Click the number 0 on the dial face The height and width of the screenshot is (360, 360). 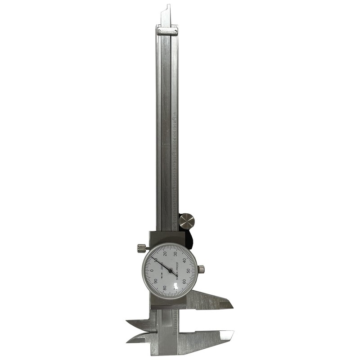point(152,270)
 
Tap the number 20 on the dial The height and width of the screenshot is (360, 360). point(165,253)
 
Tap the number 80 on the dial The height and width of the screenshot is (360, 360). point(165,288)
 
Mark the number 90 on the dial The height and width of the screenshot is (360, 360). point(156,280)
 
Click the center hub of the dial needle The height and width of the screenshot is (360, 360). point(170,270)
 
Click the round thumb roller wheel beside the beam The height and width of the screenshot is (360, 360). point(187,221)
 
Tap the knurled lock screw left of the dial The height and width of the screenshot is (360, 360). point(141,248)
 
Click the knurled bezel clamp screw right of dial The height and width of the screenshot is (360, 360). point(201,269)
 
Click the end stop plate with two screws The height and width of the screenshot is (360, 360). point(167,31)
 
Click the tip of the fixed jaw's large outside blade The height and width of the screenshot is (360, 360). point(233,333)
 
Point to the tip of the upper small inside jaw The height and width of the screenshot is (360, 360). point(128,322)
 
